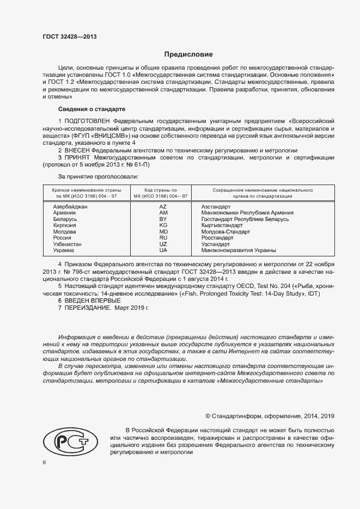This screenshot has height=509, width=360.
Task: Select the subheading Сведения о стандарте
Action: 91,109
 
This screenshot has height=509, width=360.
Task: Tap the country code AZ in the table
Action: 163,207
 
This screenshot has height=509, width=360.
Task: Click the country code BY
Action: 163,219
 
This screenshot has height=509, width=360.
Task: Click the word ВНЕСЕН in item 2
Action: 81,150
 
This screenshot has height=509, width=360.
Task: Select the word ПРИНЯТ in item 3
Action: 81,157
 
